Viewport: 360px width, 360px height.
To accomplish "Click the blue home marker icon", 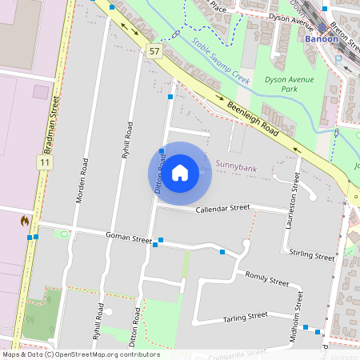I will click(179, 173).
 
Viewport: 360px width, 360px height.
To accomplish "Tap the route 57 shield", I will click(154, 50).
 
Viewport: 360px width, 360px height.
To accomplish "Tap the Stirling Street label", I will click(312, 256).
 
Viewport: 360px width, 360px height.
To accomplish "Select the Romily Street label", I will click(266, 278).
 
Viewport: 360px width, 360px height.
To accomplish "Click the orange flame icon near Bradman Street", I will click(25, 220).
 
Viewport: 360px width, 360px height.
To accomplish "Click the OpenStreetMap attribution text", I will click(80, 354).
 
